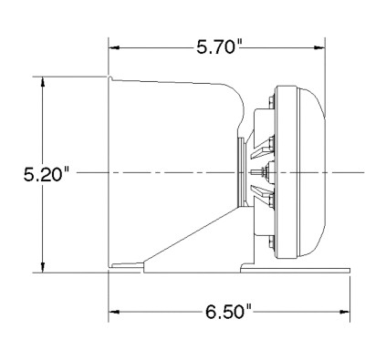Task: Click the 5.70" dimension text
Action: click(219, 47)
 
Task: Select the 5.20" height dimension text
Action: click(47, 175)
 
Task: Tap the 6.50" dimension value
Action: click(229, 312)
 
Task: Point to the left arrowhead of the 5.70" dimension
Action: click(113, 47)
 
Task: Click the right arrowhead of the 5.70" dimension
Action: click(319, 47)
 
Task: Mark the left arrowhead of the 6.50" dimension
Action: click(113, 312)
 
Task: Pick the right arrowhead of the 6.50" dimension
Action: click(345, 312)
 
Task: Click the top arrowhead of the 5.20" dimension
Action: click(43, 82)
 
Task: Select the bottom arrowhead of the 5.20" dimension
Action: click(43, 267)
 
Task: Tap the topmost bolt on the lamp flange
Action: click(272, 102)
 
